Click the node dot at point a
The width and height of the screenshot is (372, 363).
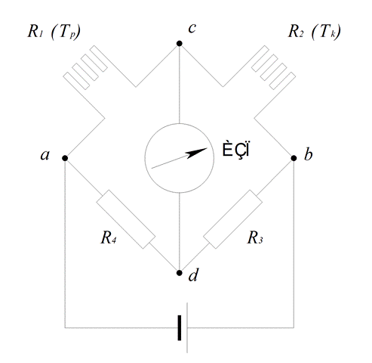pyautogui.click(x=65, y=158)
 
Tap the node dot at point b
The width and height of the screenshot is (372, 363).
pyautogui.click(x=294, y=158)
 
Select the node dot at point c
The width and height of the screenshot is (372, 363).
pyautogui.click(x=179, y=44)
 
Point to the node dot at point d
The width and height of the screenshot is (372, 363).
pyautogui.click(x=179, y=273)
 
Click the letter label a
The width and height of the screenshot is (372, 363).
pyautogui.click(x=45, y=155)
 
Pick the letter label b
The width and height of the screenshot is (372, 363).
pyautogui.click(x=308, y=154)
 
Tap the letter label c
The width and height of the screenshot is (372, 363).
pyautogui.click(x=192, y=28)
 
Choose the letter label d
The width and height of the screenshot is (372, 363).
pyautogui.click(x=193, y=275)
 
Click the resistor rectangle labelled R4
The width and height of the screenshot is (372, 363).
pyautogui.click(x=126, y=219)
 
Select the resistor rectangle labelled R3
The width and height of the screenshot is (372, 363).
pyautogui.click(x=232, y=219)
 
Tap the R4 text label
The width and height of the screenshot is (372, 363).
pyautogui.click(x=109, y=237)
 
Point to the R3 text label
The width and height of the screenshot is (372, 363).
pyautogui.click(x=255, y=237)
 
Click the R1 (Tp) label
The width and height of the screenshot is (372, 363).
pyautogui.click(x=54, y=32)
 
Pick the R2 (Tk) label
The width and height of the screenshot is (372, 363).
pyautogui.click(x=315, y=32)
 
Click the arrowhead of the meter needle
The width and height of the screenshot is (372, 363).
pyautogui.click(x=197, y=153)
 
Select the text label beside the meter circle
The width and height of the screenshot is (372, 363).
pyautogui.click(x=235, y=150)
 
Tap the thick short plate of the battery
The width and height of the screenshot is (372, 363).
pyautogui.click(x=180, y=327)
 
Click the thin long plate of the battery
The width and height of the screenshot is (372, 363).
pyautogui.click(x=187, y=327)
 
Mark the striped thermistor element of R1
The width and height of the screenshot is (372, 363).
pyautogui.click(x=85, y=67)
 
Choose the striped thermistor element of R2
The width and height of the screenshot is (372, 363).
pyautogui.click(x=273, y=67)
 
